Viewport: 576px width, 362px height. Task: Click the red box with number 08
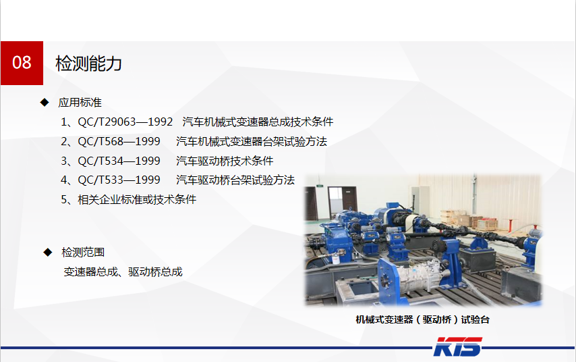pyautogui.click(x=22, y=63)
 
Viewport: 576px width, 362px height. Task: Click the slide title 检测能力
pyautogui.click(x=88, y=63)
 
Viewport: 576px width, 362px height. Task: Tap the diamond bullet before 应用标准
pyautogui.click(x=45, y=102)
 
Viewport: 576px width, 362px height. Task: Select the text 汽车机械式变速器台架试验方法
pyautogui.click(x=252, y=141)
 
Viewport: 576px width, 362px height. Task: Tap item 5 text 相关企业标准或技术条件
pyautogui.click(x=137, y=199)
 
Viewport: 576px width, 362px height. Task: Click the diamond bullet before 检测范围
pyautogui.click(x=48, y=252)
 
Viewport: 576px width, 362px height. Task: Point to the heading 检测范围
pyautogui.click(x=83, y=252)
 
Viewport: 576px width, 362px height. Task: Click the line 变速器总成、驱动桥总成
pyautogui.click(x=123, y=271)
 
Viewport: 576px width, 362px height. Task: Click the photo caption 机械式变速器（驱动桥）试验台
pyautogui.click(x=422, y=319)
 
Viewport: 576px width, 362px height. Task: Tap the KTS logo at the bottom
pyautogui.click(x=457, y=348)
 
